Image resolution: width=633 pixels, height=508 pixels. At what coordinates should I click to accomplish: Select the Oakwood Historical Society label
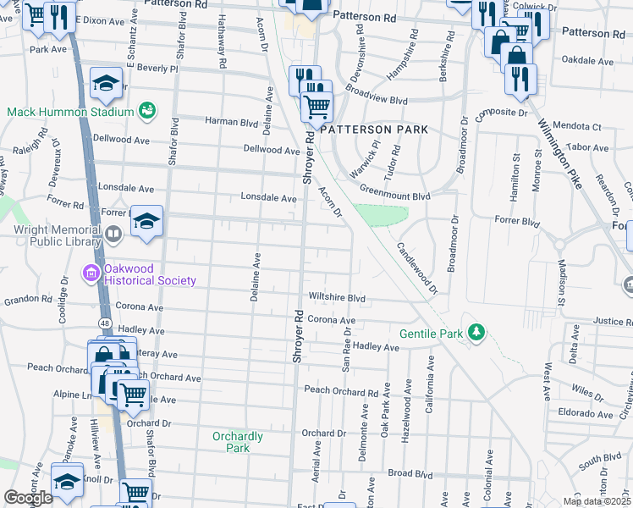click(x=149, y=280)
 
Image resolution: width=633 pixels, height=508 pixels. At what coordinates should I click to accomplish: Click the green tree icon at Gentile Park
click(x=477, y=333)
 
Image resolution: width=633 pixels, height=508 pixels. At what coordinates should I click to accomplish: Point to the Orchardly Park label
click(x=238, y=442)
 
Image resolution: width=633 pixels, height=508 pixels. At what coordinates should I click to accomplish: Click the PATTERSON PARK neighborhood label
click(x=374, y=130)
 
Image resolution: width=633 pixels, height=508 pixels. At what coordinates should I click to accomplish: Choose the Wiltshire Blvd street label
click(x=337, y=298)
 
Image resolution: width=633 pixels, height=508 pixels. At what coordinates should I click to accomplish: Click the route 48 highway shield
click(x=104, y=323)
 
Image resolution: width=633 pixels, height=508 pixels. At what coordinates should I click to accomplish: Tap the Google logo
click(x=28, y=498)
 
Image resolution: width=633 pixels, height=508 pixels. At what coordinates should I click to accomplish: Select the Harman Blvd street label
click(x=231, y=121)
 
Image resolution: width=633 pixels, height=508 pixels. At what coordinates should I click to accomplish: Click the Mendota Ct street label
click(x=577, y=127)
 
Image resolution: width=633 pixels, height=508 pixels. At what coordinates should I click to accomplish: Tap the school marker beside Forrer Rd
click(x=147, y=223)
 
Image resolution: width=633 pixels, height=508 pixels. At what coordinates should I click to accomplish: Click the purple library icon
click(x=113, y=234)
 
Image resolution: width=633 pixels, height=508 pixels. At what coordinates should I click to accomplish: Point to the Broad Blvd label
click(x=410, y=473)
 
